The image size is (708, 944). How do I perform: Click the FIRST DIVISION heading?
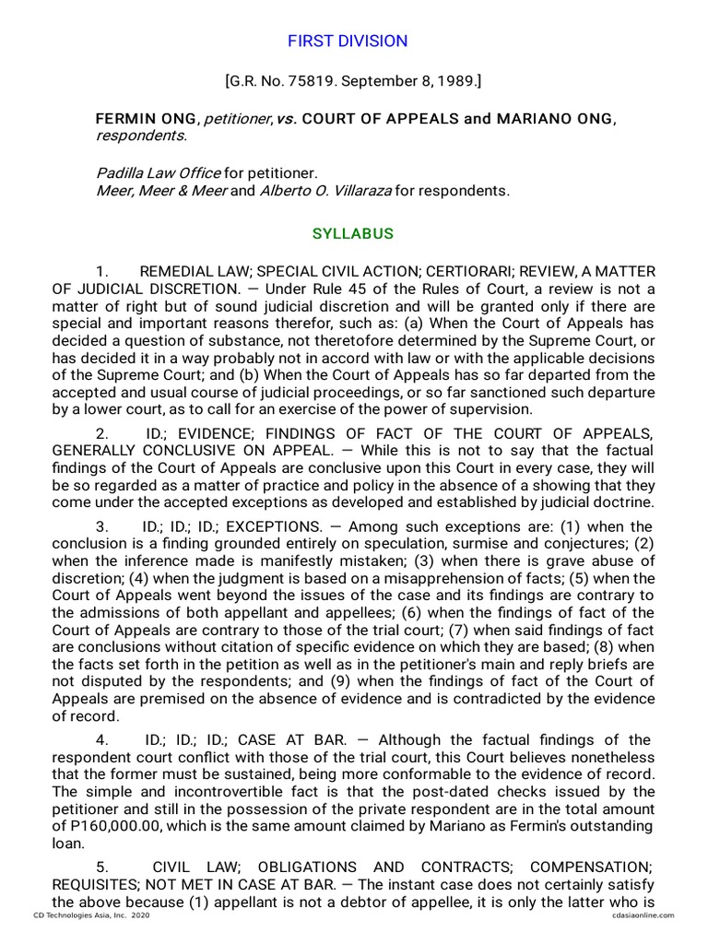[x=347, y=41]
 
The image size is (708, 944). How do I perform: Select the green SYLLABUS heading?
[x=353, y=233]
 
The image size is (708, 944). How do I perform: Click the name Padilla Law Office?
[x=159, y=172]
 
